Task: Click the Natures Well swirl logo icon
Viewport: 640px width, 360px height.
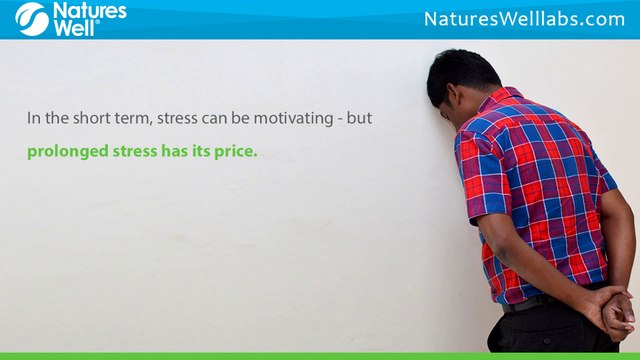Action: tap(30, 19)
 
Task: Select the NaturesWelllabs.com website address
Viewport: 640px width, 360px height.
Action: tap(524, 19)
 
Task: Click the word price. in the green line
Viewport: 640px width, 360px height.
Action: tap(233, 153)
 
